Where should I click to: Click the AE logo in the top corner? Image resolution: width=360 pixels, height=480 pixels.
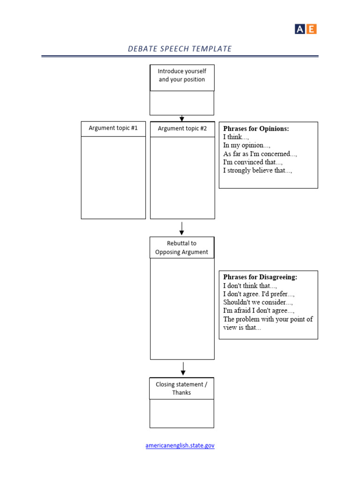[306, 29]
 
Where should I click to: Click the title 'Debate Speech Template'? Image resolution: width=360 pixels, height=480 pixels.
[180, 49]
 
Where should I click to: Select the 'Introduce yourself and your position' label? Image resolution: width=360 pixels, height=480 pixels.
[182, 75]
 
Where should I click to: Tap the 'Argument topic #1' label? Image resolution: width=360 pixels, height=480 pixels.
[113, 128]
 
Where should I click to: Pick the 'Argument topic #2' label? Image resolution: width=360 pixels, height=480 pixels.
[182, 128]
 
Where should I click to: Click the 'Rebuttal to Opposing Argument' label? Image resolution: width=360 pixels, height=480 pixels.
[182, 247]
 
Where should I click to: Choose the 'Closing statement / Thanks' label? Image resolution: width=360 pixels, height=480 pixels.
[181, 389]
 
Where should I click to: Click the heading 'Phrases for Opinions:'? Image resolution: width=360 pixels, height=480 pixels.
[256, 128]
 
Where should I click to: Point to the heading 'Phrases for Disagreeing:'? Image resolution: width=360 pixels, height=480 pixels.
[260, 277]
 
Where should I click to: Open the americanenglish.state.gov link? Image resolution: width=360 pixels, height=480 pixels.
[180, 446]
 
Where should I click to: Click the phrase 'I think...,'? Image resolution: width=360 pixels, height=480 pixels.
[236, 137]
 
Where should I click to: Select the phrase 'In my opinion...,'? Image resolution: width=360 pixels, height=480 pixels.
[247, 145]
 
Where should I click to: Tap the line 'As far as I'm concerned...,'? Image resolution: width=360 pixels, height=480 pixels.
[260, 154]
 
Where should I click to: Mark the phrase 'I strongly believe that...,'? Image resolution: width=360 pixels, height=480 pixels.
[257, 171]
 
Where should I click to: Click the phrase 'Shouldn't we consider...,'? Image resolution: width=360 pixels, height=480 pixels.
[258, 302]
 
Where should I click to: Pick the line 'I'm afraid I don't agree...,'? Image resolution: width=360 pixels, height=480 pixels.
[259, 311]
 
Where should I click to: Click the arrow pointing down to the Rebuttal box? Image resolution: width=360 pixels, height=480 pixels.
[182, 228]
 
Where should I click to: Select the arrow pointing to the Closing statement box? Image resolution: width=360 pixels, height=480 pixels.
[183, 368]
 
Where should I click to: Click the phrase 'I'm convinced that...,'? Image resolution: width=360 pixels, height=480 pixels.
[253, 162]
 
